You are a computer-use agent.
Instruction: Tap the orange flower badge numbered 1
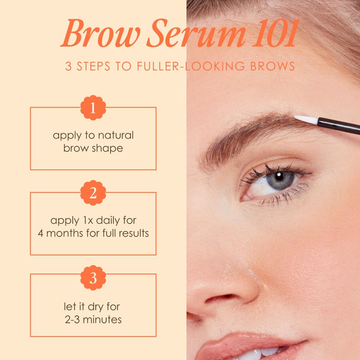93,108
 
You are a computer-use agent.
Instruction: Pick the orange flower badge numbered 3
93,278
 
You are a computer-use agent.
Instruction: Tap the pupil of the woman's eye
279,177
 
